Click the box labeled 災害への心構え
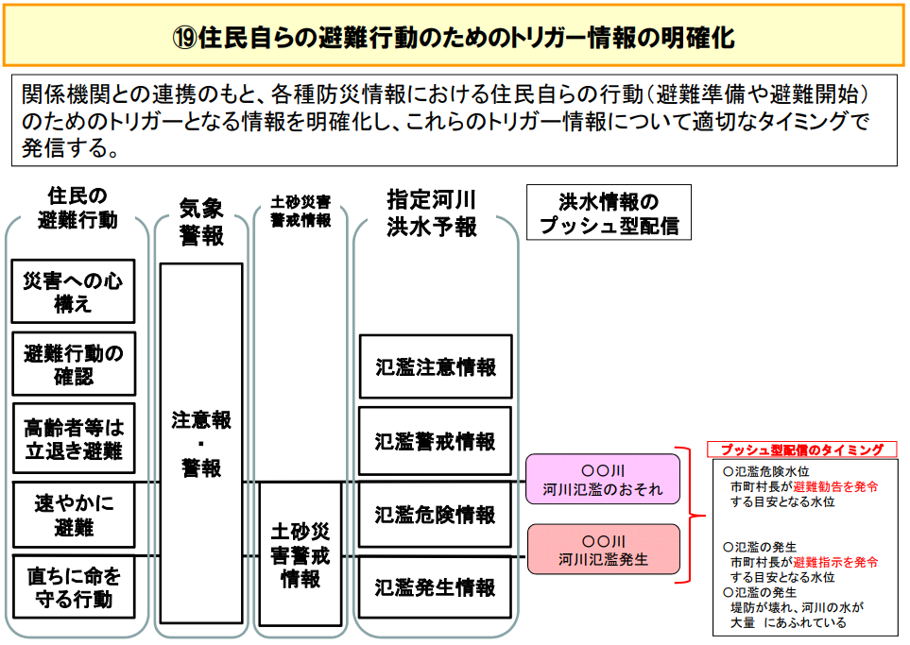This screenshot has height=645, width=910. click(73, 291)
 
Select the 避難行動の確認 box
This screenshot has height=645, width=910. click(74, 364)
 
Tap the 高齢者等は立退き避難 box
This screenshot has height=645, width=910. click(74, 438)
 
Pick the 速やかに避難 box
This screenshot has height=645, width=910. click(74, 515)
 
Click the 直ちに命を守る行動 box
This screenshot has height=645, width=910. click(74, 587)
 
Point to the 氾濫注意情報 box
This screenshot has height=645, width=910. click(436, 366)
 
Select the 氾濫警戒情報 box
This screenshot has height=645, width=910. click(435, 441)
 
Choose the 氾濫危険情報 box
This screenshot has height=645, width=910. click(435, 515)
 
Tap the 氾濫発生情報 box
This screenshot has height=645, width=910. click(435, 587)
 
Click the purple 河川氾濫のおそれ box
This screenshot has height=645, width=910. click(602, 479)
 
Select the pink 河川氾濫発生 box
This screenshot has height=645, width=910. click(603, 550)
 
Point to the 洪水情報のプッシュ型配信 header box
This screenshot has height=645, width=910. click(609, 212)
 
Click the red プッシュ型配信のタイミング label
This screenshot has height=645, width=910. click(802, 450)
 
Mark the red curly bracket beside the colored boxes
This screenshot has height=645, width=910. click(690, 515)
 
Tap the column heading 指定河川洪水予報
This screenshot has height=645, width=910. click(432, 213)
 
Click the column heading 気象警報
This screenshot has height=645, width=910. click(201, 222)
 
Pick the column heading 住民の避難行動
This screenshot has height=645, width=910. click(77, 208)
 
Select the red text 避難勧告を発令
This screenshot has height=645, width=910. click(835, 486)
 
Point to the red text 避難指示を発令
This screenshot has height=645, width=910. click(835, 562)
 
